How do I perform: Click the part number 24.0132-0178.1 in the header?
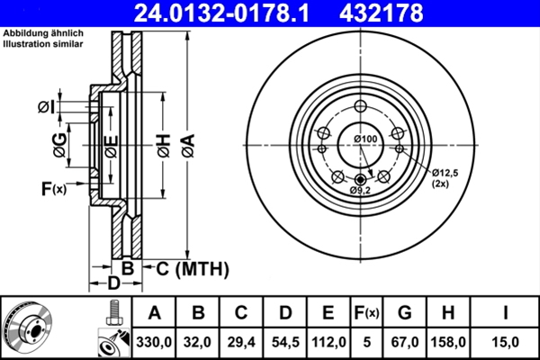(x=221, y=13)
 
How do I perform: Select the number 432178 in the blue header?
(x=382, y=13)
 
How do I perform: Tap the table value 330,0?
(x=154, y=342)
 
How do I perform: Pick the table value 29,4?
(x=241, y=342)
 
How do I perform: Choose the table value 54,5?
(x=285, y=342)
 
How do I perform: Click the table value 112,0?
(x=328, y=342)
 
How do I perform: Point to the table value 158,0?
(x=448, y=342)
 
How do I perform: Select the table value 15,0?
(x=505, y=342)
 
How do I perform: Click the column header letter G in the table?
(x=405, y=313)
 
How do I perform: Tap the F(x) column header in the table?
(x=367, y=313)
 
